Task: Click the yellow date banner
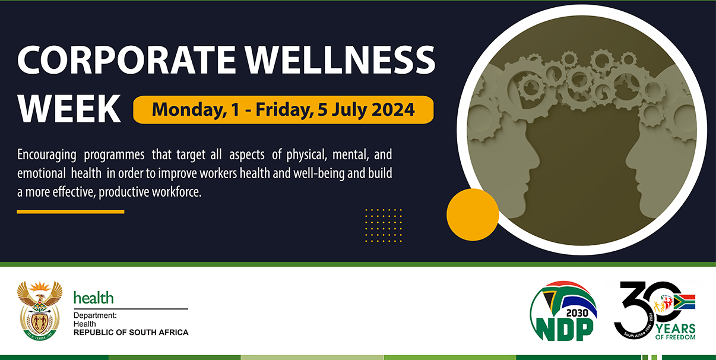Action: (283, 110)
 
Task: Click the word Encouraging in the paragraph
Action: (47, 155)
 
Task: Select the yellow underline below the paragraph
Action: (70, 211)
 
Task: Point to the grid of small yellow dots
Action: (384, 225)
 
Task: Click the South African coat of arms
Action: (40, 310)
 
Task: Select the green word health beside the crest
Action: (93, 298)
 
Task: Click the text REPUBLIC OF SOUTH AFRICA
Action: (131, 333)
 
